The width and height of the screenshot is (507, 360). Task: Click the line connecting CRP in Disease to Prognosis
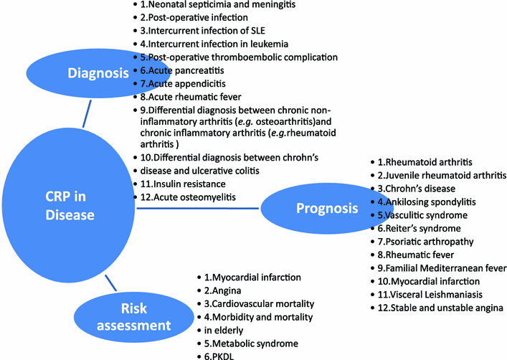(x=197, y=209)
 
